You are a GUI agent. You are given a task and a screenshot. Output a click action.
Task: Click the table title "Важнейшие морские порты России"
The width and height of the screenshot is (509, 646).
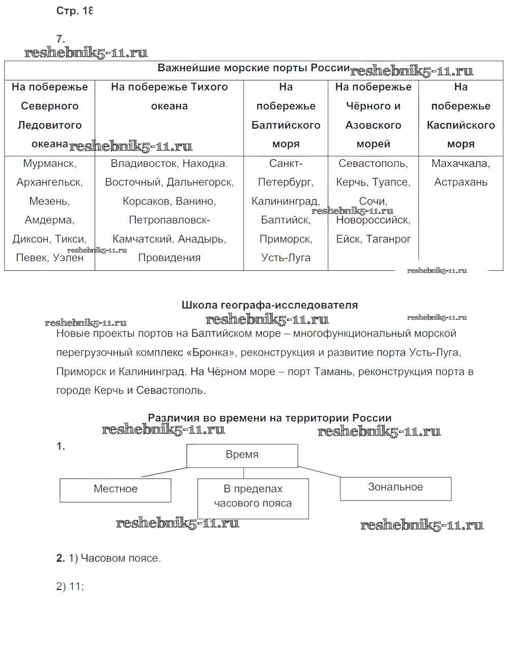pos(253,68)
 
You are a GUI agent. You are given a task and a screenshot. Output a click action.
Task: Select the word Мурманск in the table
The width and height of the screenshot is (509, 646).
pos(49,163)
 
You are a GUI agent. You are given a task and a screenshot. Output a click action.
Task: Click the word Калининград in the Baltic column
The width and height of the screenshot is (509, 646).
pos(285,201)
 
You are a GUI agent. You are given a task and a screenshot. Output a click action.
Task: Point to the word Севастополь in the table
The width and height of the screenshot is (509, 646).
pos(373,163)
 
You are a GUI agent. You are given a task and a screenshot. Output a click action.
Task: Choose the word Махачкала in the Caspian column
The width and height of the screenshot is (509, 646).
pos(461,163)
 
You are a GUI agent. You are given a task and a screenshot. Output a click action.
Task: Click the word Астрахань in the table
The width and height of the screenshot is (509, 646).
pos(461,182)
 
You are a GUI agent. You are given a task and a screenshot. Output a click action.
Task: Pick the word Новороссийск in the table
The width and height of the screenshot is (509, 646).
pos(373,220)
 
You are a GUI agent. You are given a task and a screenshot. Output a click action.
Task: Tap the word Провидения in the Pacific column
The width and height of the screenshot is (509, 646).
pos(169,258)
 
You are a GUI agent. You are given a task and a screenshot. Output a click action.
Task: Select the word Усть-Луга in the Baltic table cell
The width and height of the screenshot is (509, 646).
pos(286,258)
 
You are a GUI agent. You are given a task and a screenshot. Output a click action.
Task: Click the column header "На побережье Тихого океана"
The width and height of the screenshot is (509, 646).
pos(169,96)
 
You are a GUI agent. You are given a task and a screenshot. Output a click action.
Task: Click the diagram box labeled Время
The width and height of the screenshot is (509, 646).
pos(242,455)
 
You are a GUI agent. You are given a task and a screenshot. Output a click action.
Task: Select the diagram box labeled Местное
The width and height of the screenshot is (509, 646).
pos(116,489)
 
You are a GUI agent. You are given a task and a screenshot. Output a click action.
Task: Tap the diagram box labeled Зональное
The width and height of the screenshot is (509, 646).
pos(395,488)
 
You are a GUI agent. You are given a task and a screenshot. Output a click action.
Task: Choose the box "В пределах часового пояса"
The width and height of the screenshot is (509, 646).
pos(253,496)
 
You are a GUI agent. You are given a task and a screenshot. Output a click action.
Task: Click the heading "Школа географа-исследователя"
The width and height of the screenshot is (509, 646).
pos(270,305)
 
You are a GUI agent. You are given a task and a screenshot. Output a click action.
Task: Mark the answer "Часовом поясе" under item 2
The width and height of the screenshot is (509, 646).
pos(121,558)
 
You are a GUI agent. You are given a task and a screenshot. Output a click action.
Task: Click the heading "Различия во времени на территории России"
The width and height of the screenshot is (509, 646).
pos(270,418)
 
